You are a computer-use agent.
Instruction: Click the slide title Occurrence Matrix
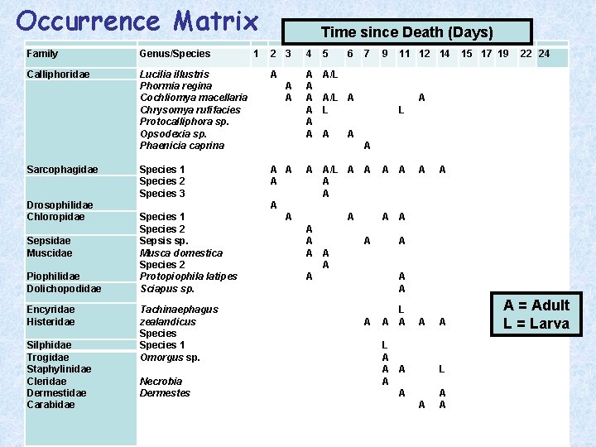click(x=137, y=20)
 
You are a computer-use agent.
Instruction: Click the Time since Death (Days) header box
click(x=406, y=32)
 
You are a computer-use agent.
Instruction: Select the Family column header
click(x=42, y=54)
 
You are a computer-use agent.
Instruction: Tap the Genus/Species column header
click(x=175, y=54)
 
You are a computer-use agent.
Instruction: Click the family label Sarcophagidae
click(x=62, y=170)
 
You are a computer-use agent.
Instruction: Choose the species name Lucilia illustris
click(x=175, y=74)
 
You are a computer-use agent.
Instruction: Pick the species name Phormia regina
click(x=175, y=86)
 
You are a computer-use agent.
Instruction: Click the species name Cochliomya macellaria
click(x=194, y=98)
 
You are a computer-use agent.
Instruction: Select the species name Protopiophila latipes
click(x=189, y=276)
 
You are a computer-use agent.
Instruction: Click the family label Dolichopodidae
click(x=64, y=289)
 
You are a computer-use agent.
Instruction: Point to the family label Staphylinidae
click(x=59, y=369)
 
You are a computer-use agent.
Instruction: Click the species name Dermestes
click(x=165, y=393)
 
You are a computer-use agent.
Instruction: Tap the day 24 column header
click(x=544, y=54)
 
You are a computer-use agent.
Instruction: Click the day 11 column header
click(x=405, y=54)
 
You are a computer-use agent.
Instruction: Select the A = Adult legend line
click(x=536, y=305)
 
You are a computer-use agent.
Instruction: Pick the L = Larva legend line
click(x=536, y=324)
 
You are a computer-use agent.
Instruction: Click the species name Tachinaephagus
click(x=179, y=310)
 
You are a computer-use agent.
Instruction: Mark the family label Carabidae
click(x=50, y=405)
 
